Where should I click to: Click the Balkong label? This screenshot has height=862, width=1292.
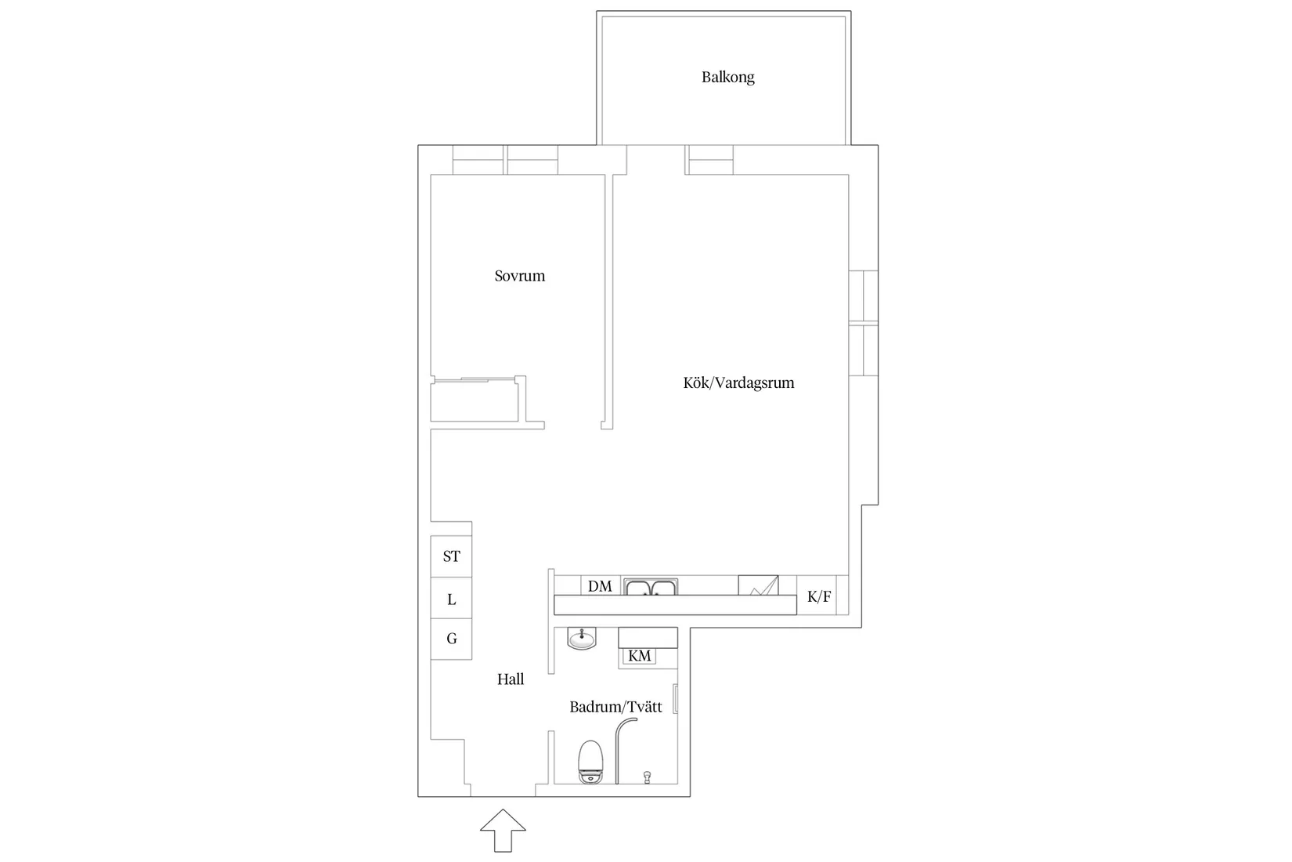point(727,77)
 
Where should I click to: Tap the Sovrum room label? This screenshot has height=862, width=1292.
point(519,276)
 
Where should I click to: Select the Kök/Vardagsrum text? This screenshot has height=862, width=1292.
point(738,382)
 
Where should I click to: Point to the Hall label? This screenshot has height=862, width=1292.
point(511,679)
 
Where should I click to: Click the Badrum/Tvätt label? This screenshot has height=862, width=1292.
point(615,707)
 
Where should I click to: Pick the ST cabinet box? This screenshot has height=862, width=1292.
point(451,556)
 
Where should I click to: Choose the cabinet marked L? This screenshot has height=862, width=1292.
point(451,599)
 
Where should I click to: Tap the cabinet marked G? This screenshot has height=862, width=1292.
point(451,639)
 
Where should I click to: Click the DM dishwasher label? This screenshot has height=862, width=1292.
point(600,586)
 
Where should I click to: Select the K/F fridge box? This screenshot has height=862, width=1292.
point(819,597)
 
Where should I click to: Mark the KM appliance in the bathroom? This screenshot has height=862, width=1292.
point(640,656)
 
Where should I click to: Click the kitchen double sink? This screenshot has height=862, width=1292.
point(651,587)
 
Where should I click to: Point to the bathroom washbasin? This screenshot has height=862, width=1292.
point(581,639)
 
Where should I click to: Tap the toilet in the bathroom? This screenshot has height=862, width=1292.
point(590,762)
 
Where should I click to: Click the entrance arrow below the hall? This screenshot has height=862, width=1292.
point(503,830)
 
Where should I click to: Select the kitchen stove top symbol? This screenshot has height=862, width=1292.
point(758,585)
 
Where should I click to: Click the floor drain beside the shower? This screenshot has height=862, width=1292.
point(647,776)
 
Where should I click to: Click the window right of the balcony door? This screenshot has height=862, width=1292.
point(709,160)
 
